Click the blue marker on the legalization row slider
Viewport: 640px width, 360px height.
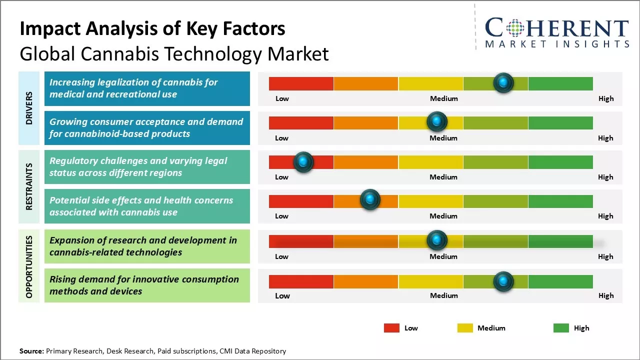(503, 82)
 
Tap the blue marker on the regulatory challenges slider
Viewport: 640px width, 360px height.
(303, 161)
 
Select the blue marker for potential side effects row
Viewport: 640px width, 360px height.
(370, 200)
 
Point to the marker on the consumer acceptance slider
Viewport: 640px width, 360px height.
(437, 121)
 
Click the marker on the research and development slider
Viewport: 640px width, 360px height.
(437, 240)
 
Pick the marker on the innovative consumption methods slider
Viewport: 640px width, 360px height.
(503, 281)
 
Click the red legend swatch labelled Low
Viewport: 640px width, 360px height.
(391, 328)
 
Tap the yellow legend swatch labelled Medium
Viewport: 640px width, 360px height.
(465, 328)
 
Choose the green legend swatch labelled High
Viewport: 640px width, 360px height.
(561, 328)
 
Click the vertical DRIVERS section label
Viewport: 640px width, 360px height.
(29, 108)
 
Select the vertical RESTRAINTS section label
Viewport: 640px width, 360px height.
(29, 186)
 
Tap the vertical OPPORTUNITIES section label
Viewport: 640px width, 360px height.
(29, 266)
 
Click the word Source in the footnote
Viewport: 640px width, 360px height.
(31, 351)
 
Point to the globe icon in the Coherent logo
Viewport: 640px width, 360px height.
(515, 27)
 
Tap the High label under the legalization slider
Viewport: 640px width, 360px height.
(606, 98)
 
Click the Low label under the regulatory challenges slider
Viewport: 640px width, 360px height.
(281, 177)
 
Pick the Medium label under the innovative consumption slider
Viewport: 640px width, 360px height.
(443, 295)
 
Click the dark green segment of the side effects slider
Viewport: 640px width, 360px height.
(560, 201)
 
